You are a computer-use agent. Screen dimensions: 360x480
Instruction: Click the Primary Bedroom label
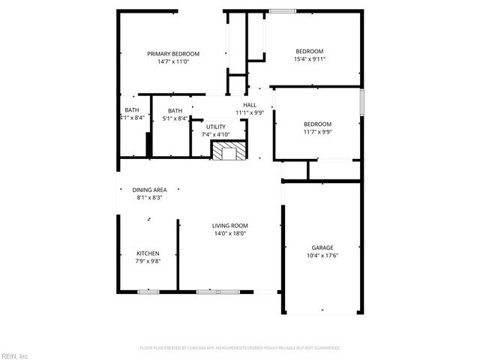(173, 54)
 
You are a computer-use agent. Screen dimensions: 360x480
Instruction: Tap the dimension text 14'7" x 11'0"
(173, 61)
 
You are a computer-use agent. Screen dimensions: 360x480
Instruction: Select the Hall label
(250, 105)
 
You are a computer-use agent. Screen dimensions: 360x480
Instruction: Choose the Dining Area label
(149, 190)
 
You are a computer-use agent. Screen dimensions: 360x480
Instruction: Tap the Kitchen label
(147, 253)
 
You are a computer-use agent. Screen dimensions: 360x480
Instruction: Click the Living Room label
(229, 226)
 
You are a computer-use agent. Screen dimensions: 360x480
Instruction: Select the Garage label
(322, 247)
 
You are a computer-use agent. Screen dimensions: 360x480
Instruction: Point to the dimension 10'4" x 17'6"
(322, 255)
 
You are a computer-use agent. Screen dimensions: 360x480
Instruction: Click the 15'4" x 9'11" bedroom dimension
(309, 59)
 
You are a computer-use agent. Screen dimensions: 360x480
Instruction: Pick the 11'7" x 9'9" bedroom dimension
(317, 132)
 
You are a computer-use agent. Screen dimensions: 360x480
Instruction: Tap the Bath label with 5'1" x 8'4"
(175, 111)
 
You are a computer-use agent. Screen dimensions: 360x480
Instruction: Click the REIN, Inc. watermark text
(15, 355)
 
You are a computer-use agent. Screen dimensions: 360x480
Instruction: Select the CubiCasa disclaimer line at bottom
(240, 348)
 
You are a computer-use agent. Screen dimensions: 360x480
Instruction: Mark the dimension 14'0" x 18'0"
(229, 233)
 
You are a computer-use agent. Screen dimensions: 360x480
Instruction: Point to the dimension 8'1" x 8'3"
(149, 197)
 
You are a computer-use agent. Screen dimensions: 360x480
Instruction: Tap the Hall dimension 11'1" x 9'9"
(250, 112)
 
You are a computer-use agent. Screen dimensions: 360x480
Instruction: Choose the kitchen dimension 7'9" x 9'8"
(147, 261)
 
